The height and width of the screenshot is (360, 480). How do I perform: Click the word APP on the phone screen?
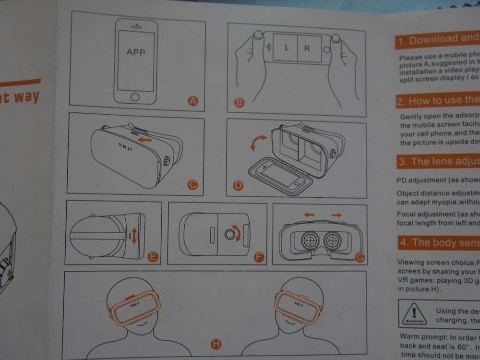point(136,52)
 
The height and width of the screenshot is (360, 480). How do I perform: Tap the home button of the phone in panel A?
point(135,97)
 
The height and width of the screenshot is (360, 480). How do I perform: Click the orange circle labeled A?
point(192,101)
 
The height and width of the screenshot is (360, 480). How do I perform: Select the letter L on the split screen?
point(287,48)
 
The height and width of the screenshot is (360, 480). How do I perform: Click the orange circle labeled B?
point(239,102)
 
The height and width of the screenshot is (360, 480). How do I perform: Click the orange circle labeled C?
point(192,184)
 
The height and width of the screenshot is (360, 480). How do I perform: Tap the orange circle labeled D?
point(238,185)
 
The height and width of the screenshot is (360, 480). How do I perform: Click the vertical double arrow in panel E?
point(134,235)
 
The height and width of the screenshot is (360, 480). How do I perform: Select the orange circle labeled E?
point(153,257)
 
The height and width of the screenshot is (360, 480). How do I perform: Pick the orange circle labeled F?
point(259,258)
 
